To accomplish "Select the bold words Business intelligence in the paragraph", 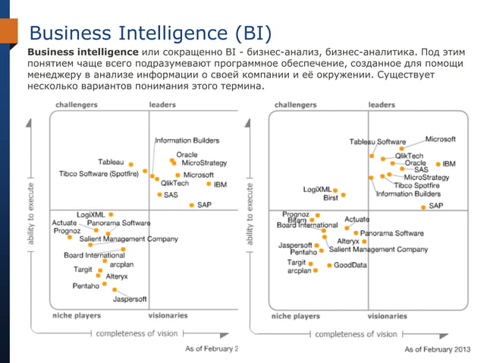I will coord(83,52).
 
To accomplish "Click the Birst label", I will coord(330,197).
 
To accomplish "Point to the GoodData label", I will coord(350,265).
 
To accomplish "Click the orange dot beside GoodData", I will coord(328,265).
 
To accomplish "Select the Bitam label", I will coord(297,219).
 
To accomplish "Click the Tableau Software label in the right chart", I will coord(377,142).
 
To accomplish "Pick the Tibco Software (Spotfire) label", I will coord(98,173).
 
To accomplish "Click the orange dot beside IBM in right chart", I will coord(438,164).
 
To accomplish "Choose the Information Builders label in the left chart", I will coord(187,140).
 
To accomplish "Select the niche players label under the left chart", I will coord(76,315).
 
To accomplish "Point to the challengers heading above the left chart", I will coord(76,105).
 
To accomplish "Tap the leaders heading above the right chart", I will coord(382,105).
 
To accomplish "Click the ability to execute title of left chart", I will coord(31,213).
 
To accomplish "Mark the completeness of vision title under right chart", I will coord(355,333).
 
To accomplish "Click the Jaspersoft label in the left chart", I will coord(130,299).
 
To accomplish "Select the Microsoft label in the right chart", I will coord(440,139).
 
